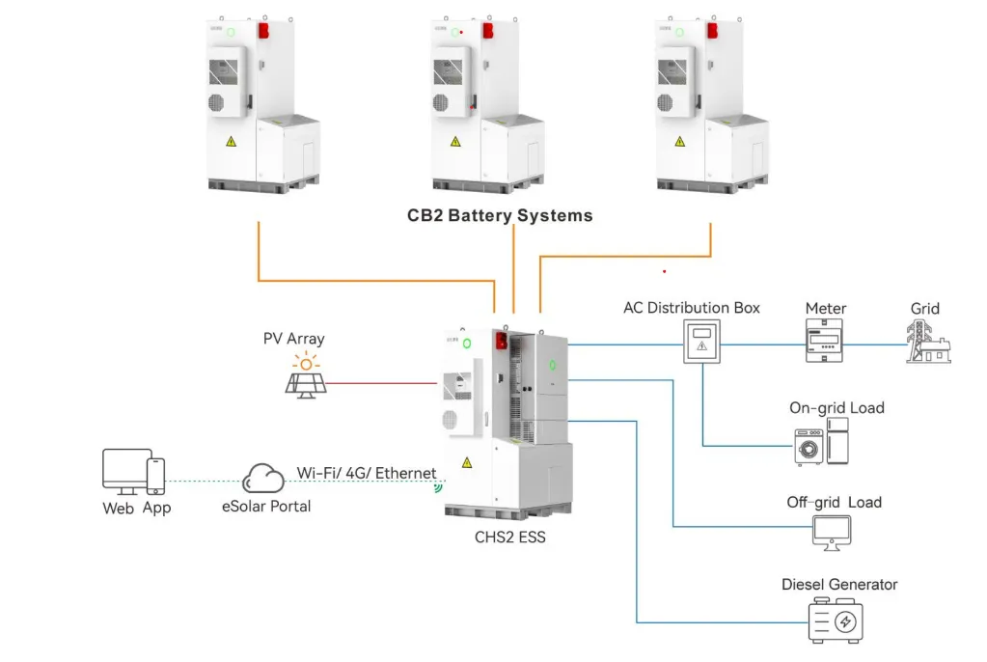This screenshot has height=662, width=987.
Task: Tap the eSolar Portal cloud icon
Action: [264, 478]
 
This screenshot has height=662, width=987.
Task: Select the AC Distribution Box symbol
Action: [701, 343]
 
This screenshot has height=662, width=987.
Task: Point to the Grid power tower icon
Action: [925, 342]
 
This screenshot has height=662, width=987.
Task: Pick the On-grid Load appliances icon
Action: [823, 442]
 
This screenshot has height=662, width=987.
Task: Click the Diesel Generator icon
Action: [836, 621]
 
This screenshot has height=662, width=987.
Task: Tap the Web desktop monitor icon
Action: [125, 471]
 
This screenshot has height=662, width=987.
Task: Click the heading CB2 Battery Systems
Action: [500, 215]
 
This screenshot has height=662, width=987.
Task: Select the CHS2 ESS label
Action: [509, 537]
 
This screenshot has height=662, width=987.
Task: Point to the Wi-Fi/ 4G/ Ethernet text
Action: [366, 473]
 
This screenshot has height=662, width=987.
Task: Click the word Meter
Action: [825, 309]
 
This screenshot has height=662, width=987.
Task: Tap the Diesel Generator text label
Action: [839, 585]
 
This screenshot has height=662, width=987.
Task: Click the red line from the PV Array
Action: [386, 382]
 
